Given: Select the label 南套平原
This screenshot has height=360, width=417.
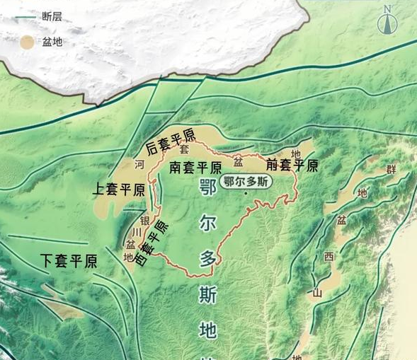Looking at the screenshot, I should coord(195,168).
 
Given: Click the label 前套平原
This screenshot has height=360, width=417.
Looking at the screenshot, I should coord(292,166).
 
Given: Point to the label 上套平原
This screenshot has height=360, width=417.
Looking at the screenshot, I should coord(119,190).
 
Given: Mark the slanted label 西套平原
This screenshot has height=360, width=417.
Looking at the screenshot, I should coord(152,243).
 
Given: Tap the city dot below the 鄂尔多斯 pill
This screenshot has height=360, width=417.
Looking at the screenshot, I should coord(246,194).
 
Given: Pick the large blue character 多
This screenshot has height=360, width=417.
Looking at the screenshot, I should coord(206,260).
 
